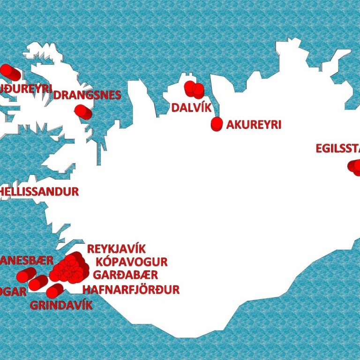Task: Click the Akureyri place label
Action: [253, 125]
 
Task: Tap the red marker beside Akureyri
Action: [217, 124]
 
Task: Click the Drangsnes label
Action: [87, 95]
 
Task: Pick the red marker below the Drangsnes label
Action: [83, 112]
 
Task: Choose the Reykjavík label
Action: [116, 249]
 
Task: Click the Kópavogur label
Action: [131, 262]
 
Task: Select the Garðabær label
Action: [125, 275]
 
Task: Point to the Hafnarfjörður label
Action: [131, 290]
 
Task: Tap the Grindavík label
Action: [61, 306]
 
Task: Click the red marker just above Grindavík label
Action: [54, 292]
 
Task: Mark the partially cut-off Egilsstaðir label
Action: [337, 149]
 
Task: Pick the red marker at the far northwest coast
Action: [9, 73]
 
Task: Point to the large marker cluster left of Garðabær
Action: [69, 268]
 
